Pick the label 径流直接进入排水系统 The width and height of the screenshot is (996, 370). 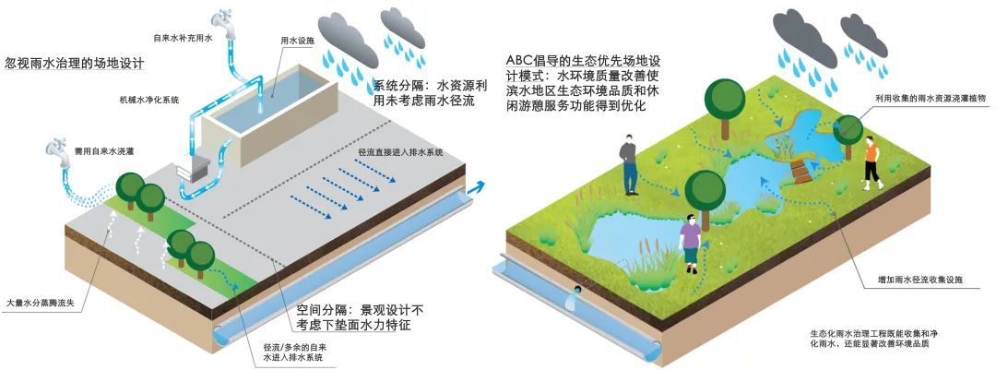399,151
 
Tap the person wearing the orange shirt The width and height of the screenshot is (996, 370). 869,159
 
